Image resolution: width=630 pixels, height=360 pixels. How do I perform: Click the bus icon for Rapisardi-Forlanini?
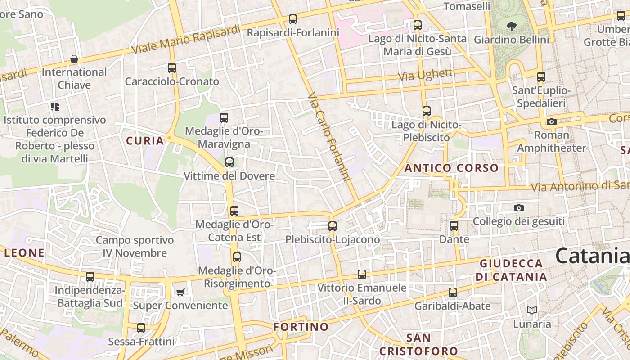(293, 19)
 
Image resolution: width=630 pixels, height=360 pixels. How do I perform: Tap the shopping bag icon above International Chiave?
(74, 59)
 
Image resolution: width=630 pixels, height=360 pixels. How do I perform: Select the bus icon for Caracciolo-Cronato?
(172, 68)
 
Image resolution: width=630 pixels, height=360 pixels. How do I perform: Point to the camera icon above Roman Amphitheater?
(551, 121)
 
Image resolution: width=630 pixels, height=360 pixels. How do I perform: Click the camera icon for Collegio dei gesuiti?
(519, 208)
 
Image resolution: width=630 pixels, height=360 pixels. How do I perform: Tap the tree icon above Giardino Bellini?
(512, 27)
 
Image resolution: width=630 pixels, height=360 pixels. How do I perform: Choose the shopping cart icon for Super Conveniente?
(180, 292)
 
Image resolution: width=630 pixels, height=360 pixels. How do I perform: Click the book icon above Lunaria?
(532, 310)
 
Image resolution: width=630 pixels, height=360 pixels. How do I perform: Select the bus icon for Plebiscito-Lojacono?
(333, 226)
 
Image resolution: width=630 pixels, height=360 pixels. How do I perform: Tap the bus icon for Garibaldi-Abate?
(453, 292)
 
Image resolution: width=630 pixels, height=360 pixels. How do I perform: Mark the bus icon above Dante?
(454, 226)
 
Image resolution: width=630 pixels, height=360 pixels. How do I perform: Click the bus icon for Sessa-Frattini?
(141, 328)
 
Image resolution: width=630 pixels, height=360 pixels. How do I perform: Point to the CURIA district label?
(145, 141)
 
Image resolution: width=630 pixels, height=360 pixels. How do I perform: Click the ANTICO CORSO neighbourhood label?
(451, 168)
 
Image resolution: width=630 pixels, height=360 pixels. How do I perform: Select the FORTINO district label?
(301, 327)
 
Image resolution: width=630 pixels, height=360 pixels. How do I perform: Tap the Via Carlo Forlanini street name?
(330, 137)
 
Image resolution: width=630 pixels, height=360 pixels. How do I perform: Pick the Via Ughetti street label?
(427, 75)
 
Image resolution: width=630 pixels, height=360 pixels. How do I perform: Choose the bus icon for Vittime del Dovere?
(229, 162)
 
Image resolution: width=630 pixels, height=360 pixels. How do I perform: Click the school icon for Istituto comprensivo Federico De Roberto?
(55, 107)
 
